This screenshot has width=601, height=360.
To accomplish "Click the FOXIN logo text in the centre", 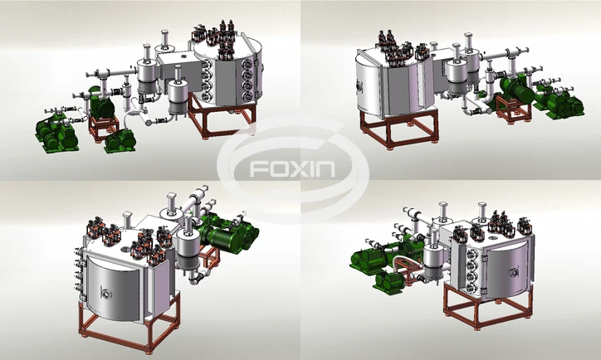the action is (x=292, y=168).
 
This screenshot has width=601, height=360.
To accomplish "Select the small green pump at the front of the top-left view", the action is (x=120, y=140).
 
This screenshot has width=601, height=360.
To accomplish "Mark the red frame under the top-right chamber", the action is (x=398, y=128).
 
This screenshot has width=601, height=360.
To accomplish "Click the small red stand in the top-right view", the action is (x=513, y=109).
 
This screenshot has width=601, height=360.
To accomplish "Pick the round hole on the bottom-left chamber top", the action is (x=125, y=250).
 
